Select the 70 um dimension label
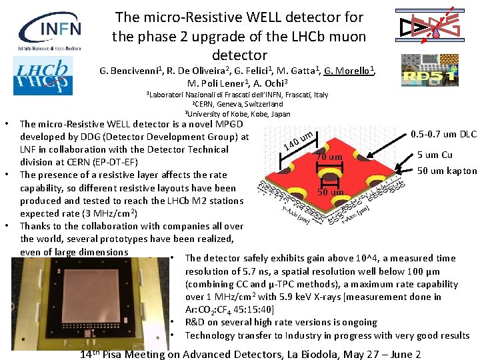coord(329,157)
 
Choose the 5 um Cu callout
coord(435,155)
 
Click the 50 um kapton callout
coord(447,171)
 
